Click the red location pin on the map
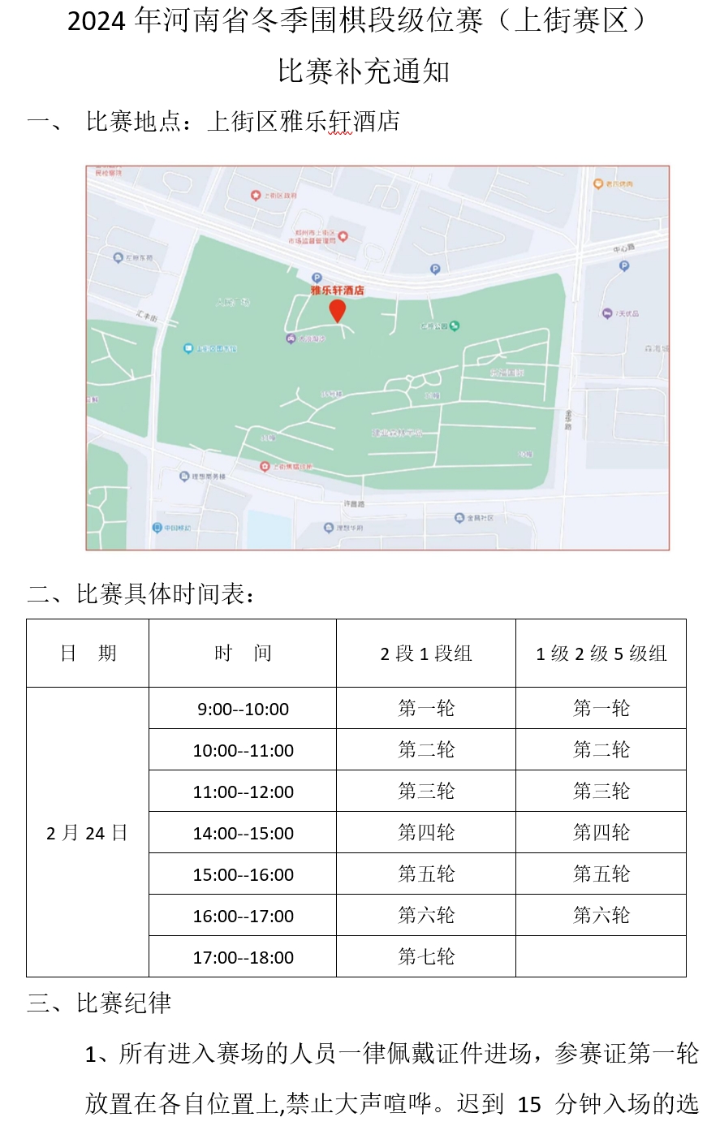[337, 310]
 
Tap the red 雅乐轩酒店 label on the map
[337, 290]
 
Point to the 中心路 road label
[623, 248]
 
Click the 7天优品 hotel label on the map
[623, 313]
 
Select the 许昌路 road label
[354, 504]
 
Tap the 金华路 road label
[568, 420]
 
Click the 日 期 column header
[88, 654]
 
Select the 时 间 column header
[243, 654]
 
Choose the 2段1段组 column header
[426, 654]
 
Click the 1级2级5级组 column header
[601, 654]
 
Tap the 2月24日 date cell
[88, 833]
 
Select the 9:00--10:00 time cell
[243, 709]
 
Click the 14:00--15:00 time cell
[243, 833]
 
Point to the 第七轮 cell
[426, 957]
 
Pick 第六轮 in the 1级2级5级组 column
[601, 916]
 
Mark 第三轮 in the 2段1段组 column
[426, 792]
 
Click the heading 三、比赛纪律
[100, 1003]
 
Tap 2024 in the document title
[96, 22]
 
